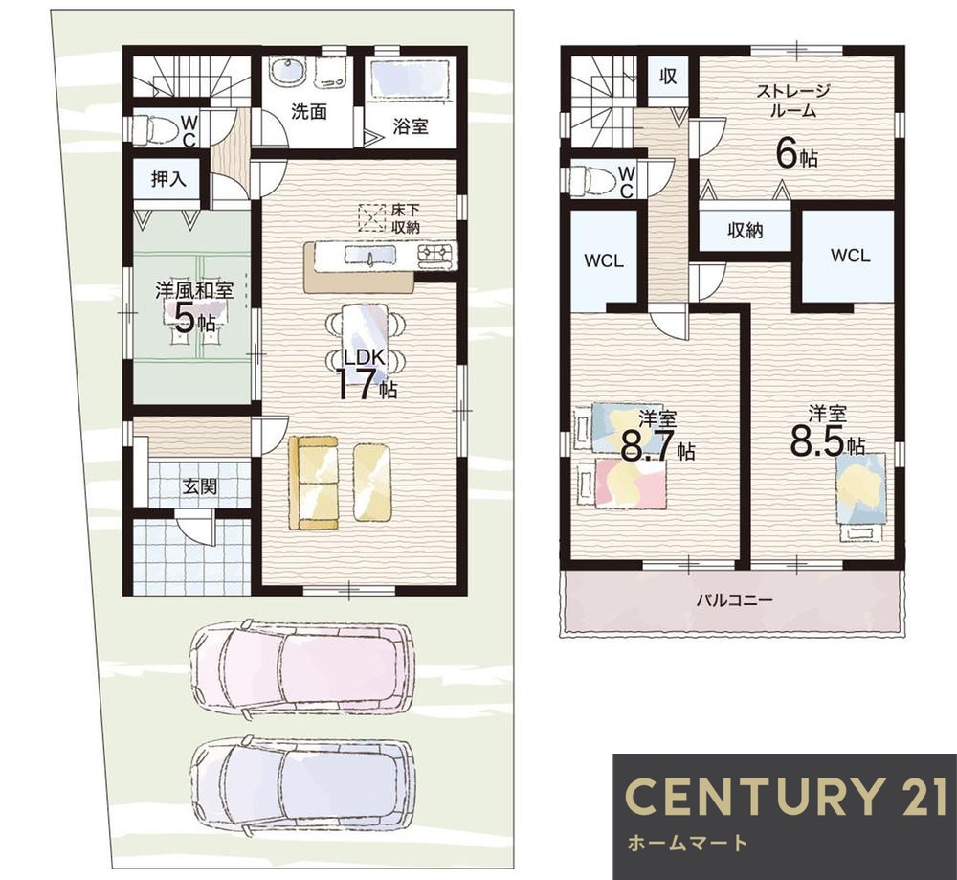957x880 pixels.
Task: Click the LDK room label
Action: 365,357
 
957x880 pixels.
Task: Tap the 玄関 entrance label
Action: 200,487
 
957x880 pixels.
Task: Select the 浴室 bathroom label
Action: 411,126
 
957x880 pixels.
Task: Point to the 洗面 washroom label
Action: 309,111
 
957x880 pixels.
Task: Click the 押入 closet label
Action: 167,179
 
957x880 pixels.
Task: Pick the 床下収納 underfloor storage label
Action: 405,219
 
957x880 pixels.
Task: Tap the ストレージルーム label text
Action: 792,102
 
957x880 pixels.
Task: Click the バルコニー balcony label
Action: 735,600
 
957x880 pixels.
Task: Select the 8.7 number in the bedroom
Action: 649,446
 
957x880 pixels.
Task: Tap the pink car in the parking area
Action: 302,667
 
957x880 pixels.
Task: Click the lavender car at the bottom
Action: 302,789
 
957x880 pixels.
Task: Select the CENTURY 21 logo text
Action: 786,796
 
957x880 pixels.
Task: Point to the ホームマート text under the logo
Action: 687,844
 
